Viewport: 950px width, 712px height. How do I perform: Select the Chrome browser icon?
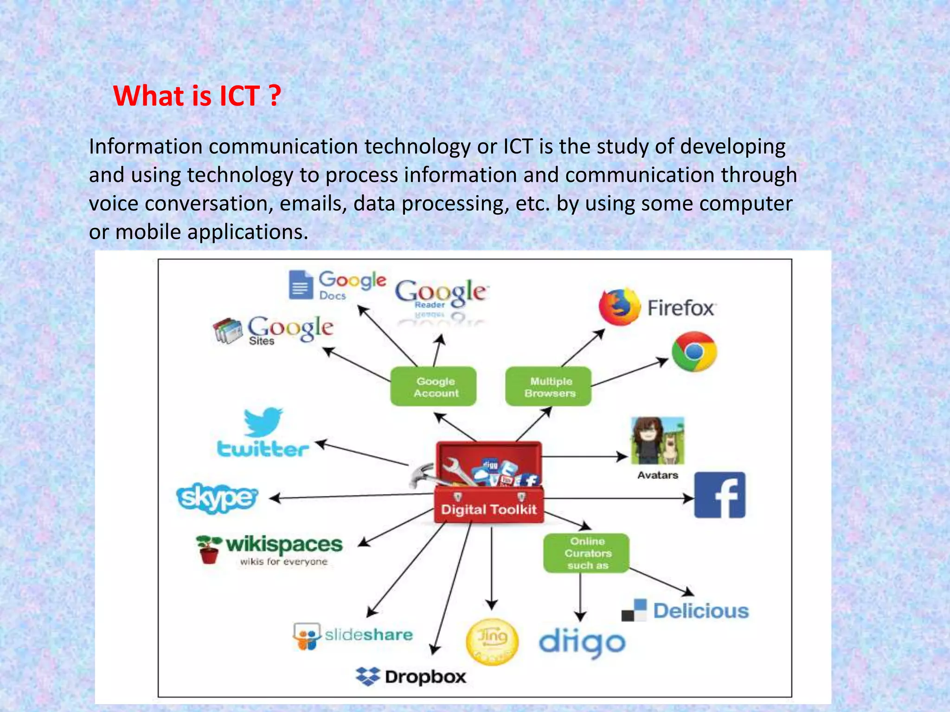pyautogui.click(x=694, y=351)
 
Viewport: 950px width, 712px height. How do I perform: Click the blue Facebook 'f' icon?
pyautogui.click(x=719, y=495)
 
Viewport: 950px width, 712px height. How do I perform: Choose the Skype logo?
pyautogui.click(x=217, y=498)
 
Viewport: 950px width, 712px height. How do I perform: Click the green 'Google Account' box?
pyautogui.click(x=433, y=387)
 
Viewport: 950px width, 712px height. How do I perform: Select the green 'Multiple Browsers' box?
pyautogui.click(x=548, y=387)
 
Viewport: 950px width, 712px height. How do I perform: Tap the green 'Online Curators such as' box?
pyautogui.click(x=586, y=553)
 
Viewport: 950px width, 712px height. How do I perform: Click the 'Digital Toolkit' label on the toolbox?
pyautogui.click(x=488, y=509)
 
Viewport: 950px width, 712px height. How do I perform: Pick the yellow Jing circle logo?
pyautogui.click(x=492, y=641)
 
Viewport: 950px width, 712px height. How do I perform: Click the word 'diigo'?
pyautogui.click(x=582, y=642)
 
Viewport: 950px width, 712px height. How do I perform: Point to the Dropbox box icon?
pyautogui.click(x=368, y=676)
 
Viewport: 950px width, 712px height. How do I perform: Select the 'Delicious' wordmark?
pyautogui.click(x=701, y=611)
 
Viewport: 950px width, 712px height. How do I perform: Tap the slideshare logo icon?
pyautogui.click(x=307, y=636)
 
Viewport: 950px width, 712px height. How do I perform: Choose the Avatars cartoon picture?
pyautogui.click(x=657, y=440)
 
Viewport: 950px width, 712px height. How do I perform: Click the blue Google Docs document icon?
pyautogui.click(x=301, y=285)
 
